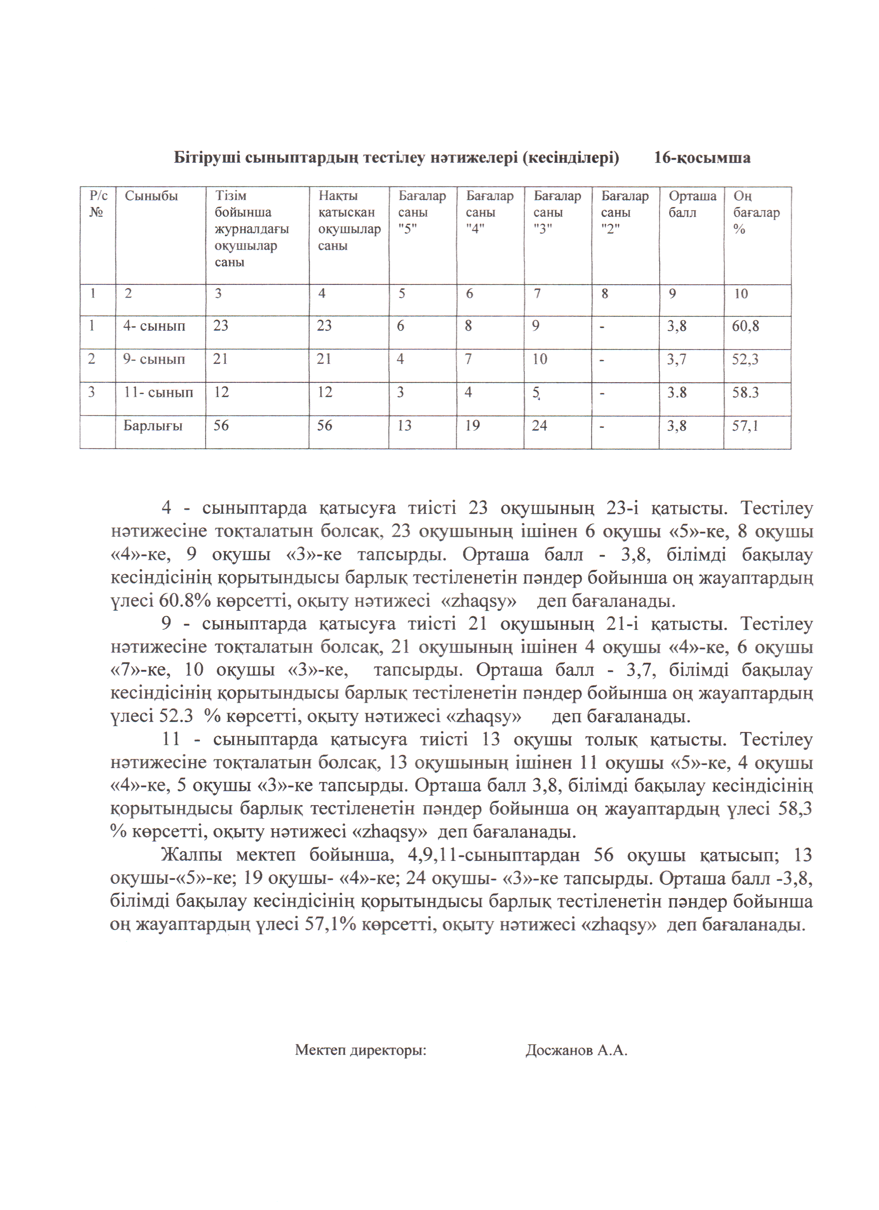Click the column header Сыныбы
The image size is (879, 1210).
pos(151,196)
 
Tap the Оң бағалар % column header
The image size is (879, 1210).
pos(756,212)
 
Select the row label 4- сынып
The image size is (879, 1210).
pos(154,326)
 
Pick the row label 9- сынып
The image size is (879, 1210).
pos(154,359)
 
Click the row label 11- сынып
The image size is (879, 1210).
pos(158,392)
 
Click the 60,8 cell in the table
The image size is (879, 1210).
pos(745,326)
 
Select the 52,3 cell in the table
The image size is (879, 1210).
pos(745,359)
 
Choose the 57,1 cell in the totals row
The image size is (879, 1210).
pos(745,426)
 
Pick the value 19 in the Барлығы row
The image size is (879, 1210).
pos(472,426)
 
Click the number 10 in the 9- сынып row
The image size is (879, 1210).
pos(539,359)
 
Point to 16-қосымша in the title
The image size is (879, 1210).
pos(702,158)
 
